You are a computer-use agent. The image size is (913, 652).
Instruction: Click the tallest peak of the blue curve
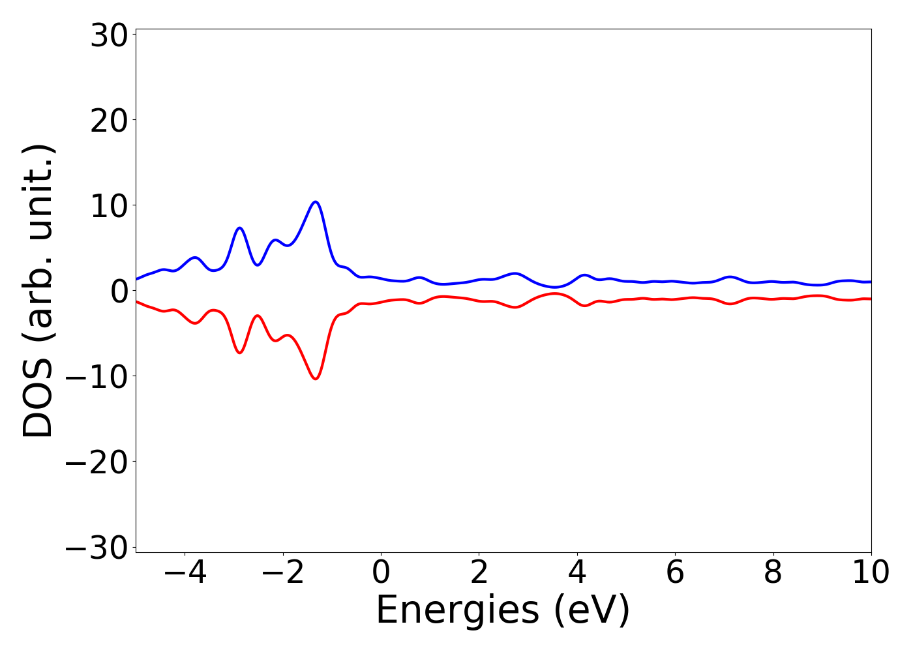[x=316, y=202]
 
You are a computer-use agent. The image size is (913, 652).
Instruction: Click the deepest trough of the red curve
[x=316, y=378]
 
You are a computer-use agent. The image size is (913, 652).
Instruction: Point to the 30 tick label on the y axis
[x=108, y=37]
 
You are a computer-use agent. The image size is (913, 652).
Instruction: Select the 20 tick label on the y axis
[x=108, y=121]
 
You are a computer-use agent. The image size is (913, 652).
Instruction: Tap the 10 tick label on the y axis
[x=108, y=207]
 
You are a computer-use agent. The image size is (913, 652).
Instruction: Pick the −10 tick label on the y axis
[x=97, y=378]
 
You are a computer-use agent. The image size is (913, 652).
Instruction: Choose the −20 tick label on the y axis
[x=97, y=463]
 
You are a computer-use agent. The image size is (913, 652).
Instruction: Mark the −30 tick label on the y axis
[x=97, y=548]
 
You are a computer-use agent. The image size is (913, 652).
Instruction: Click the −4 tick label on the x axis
[x=185, y=573]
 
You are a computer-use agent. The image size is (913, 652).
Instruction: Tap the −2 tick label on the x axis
[x=283, y=573]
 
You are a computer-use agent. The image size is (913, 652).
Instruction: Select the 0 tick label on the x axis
[x=381, y=573]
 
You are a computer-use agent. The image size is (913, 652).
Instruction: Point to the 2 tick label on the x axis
[x=479, y=573]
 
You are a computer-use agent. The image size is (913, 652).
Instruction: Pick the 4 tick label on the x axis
[x=577, y=573]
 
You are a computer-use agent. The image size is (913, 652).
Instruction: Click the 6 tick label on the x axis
[x=675, y=573]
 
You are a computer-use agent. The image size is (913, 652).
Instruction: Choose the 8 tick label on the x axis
[x=773, y=573]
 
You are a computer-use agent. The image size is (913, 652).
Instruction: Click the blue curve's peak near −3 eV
[x=240, y=228]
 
